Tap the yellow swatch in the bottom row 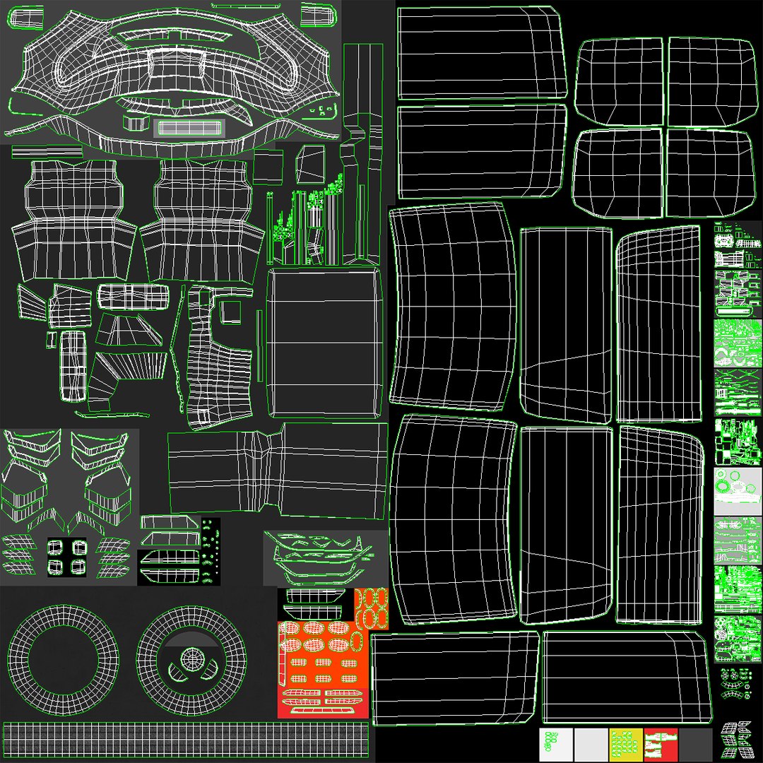click(626, 744)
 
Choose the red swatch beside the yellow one click(661, 744)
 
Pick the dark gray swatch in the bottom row click(695, 744)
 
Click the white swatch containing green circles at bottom click(556, 744)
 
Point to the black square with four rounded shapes click(68, 557)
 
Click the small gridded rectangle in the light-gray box click(188, 128)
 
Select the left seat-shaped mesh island click(73, 219)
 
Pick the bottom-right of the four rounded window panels click(709, 173)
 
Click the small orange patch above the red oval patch click(372, 608)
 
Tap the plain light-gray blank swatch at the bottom click(591, 744)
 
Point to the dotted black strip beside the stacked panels click(211, 551)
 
